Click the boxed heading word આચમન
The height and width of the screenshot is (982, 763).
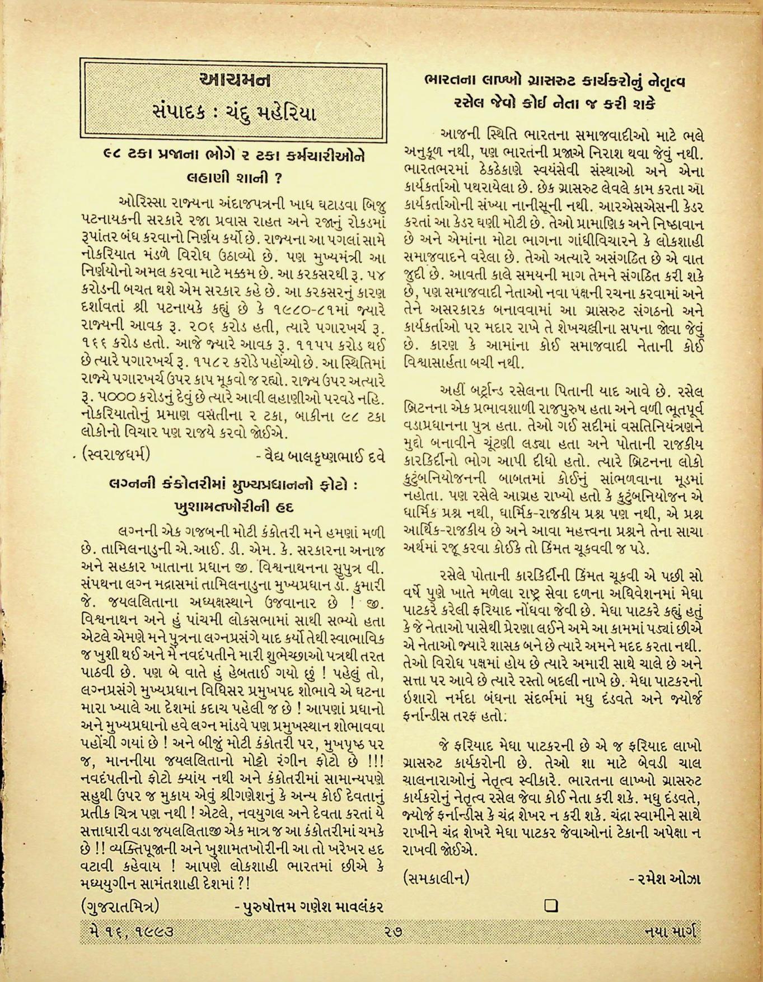click(234, 81)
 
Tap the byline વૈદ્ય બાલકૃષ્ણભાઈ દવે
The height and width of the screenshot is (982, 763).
click(320, 455)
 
